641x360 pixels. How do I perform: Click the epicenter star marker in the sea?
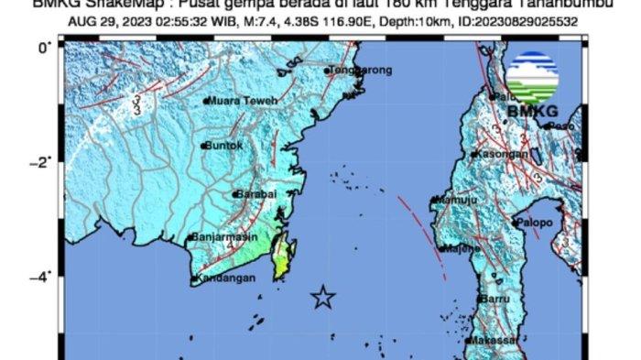(322, 297)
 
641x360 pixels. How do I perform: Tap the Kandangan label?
(225, 279)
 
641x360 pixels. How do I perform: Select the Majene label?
(460, 248)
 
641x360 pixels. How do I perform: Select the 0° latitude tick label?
(44, 47)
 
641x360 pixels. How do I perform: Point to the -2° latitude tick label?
(41, 162)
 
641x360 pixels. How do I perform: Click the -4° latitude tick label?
(41, 275)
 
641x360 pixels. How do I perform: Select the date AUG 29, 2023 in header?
(101, 19)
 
